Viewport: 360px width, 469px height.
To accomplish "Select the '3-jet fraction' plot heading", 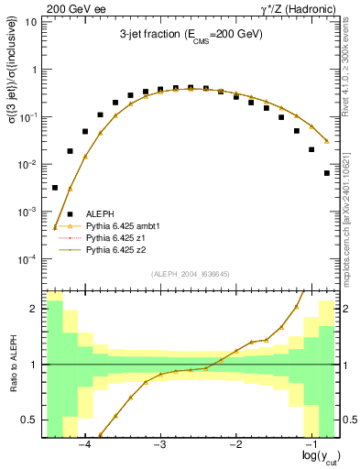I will pyautogui.click(x=191, y=34).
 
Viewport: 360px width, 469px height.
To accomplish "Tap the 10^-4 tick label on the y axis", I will pyautogui.click(x=27, y=259).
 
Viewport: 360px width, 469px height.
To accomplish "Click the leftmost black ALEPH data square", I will pyautogui.click(x=55, y=188).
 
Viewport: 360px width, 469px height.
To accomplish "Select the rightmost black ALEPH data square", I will pyautogui.click(x=327, y=172).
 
